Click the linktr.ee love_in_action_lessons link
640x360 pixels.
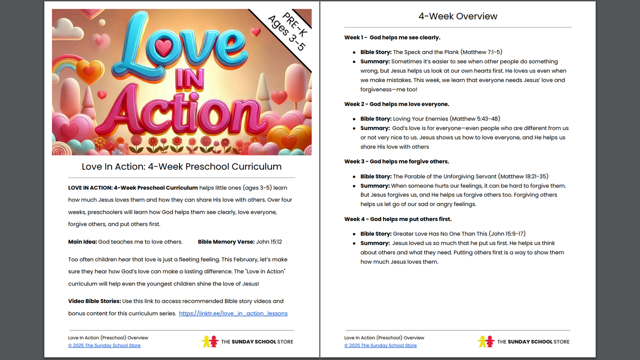tap(233, 314)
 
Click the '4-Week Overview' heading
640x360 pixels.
tap(458, 16)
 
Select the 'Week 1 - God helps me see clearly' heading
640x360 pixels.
tap(392, 38)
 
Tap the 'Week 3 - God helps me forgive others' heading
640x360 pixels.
tap(396, 162)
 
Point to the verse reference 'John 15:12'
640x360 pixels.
tap(269, 242)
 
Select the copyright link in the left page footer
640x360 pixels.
tap(104, 346)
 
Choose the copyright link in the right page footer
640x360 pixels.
tap(380, 346)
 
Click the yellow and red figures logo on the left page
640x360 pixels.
tap(210, 341)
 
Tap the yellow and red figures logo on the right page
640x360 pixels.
tap(486, 341)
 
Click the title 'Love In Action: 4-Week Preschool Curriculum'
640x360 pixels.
tap(182, 167)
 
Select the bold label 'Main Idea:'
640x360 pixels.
tap(82, 242)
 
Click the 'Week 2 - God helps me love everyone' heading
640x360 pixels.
tap(396, 104)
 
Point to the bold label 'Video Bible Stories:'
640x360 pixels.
tap(94, 301)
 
